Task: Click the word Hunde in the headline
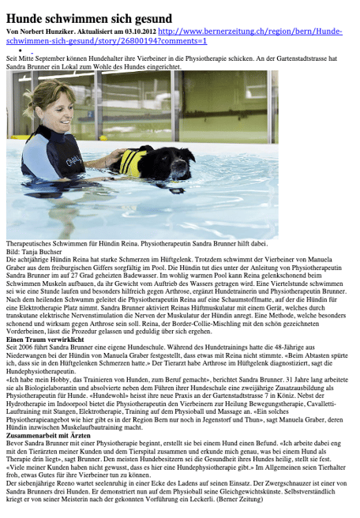pyautogui.click(x=26, y=17)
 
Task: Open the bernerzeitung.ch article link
pyautogui.click(x=253, y=30)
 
